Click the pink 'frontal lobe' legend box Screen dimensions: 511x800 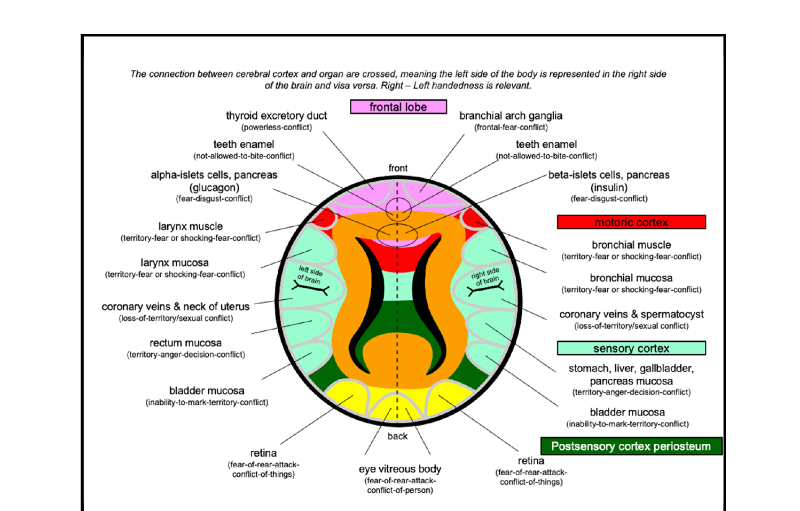[398, 107]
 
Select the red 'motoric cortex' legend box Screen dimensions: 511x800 [631, 222]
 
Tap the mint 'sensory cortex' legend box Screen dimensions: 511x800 [631, 348]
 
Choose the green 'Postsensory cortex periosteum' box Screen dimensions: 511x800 [631, 446]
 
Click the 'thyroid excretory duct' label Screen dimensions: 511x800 [276, 116]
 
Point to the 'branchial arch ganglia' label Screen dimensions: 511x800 [511, 116]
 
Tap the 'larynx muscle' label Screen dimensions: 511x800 [190, 227]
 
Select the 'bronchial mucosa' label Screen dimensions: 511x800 [631, 278]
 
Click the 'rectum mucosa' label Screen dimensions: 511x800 [185, 343]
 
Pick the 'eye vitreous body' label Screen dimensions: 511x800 [400, 469]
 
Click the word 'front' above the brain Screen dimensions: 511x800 [398, 168]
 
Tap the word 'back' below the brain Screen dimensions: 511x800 [397, 436]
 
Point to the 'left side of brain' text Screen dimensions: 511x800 [310, 275]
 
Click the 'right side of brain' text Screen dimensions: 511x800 [485, 276]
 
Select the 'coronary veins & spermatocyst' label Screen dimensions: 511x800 [631, 314]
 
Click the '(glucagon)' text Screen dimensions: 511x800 [214, 187]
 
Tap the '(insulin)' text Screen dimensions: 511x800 [609, 187]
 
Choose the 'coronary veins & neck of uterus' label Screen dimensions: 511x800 [175, 307]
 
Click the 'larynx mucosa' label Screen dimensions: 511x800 [175, 263]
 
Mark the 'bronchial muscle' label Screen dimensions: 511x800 [631, 245]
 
